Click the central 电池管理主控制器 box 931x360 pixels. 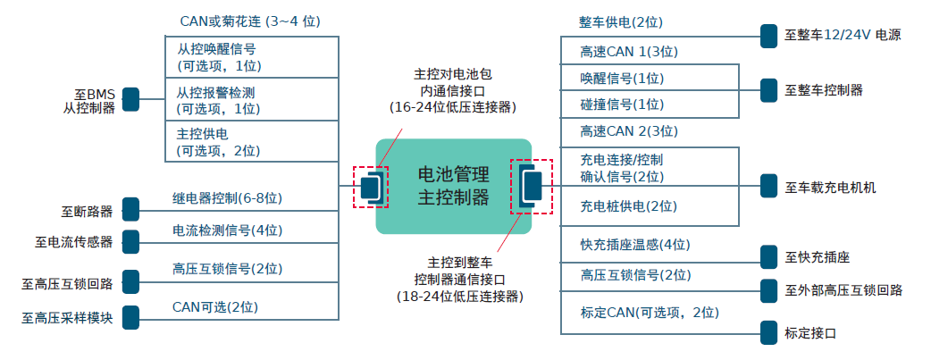point(453,187)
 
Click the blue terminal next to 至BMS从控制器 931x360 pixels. point(130,99)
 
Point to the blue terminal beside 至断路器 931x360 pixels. point(130,209)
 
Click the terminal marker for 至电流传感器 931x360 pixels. point(130,241)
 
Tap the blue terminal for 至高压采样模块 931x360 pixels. point(130,316)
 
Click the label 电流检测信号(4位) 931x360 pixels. point(227,230)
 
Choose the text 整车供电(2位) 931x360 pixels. point(621,22)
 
